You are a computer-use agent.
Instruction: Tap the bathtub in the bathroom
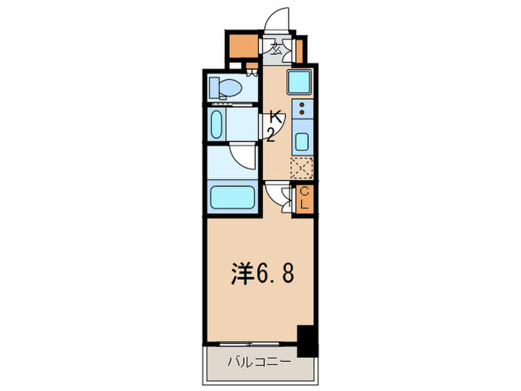[234, 199]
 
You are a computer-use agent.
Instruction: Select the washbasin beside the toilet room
[217, 124]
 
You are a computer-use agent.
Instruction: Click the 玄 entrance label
[276, 51]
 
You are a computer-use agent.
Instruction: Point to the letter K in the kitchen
[275, 117]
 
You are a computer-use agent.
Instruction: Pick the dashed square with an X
[301, 169]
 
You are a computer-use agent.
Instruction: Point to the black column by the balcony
[307, 340]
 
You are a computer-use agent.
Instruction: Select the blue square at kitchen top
[301, 80]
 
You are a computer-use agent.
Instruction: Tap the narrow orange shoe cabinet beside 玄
[299, 50]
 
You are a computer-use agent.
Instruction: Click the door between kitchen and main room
[281, 195]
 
